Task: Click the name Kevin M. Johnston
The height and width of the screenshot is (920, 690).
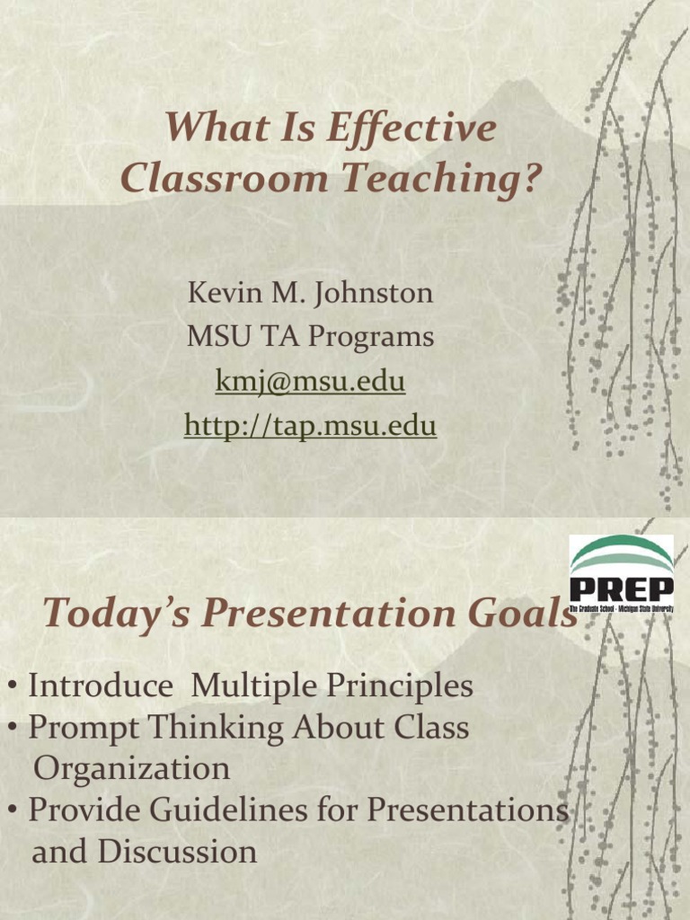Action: point(310,293)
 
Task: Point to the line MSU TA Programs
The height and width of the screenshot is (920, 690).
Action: point(310,337)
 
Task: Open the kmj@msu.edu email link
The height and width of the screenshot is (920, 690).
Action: point(310,382)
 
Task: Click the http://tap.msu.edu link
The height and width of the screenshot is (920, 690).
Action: point(310,426)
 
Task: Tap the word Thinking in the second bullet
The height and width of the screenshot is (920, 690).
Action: point(213,728)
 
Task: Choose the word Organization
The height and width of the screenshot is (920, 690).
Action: point(131,769)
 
